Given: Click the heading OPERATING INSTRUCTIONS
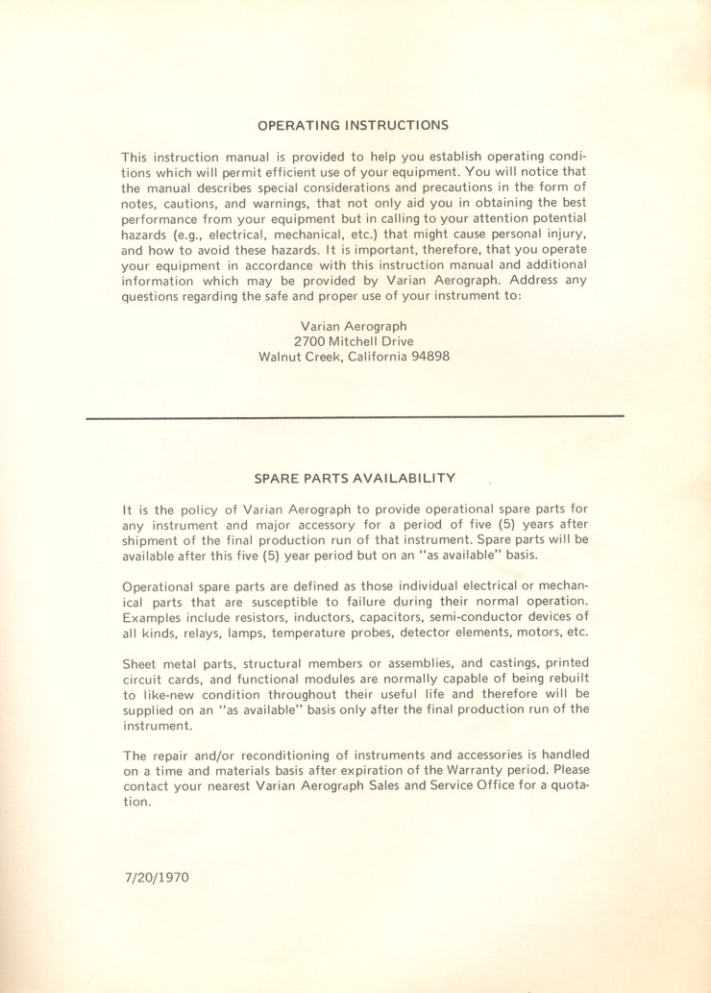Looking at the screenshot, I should tap(354, 125).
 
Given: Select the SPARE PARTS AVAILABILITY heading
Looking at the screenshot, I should tap(355, 478).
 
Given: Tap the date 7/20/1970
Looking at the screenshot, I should tap(157, 879).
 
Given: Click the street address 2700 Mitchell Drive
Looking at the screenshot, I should tap(355, 341).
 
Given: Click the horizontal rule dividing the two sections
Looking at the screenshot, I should tap(355, 416).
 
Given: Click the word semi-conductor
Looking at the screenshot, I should tap(515, 617).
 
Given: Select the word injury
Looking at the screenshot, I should tap(562, 235).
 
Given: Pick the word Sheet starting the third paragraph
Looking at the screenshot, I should tap(141, 663).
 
